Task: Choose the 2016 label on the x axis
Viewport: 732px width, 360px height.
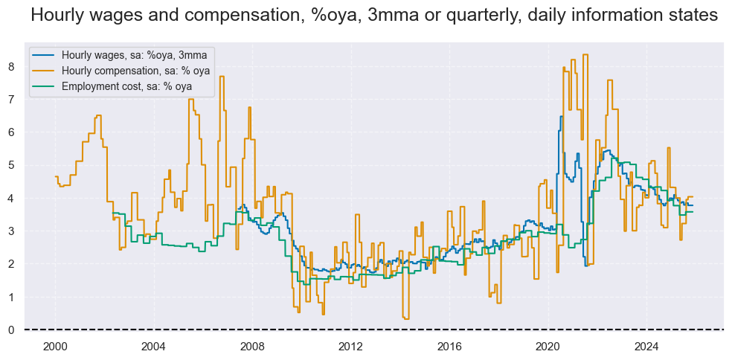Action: (449, 345)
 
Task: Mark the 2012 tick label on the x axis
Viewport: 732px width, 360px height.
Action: (350, 345)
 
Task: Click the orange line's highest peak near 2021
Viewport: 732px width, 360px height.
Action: (585, 54)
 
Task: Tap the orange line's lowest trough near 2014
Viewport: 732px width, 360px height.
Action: (405, 318)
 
